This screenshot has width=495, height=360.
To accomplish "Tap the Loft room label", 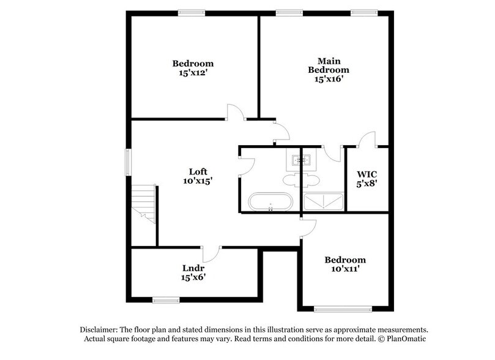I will coord(196,171).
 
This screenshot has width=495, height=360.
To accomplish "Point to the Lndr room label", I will coord(193,268).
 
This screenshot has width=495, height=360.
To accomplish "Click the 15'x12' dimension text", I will coord(193,73).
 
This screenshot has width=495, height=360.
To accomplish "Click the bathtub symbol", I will coord(270,201).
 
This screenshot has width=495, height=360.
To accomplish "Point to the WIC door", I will coord(367,140).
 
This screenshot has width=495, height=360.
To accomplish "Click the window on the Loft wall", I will coord(128,163).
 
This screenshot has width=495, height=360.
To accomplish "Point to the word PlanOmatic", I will coord(411,339).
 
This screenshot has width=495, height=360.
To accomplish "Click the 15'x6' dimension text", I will coord(193,278).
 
